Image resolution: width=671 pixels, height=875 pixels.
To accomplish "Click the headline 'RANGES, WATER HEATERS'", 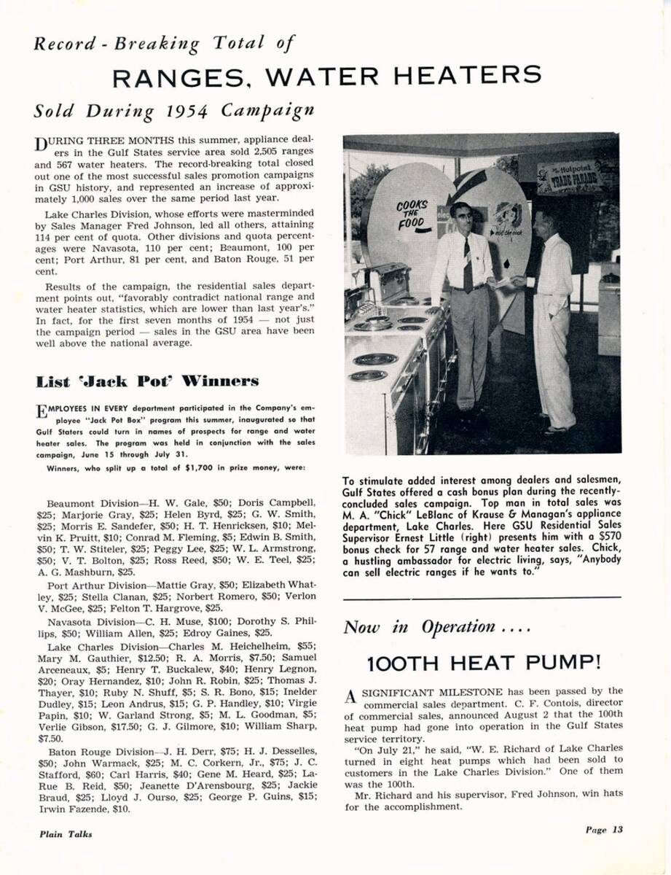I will [327, 75].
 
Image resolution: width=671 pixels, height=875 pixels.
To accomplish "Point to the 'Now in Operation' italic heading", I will [418, 626].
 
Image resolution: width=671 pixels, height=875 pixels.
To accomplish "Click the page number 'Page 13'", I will [604, 828].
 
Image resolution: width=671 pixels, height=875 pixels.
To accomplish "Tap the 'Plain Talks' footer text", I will [66, 833].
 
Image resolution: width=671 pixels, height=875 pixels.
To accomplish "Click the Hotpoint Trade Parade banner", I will [569, 177].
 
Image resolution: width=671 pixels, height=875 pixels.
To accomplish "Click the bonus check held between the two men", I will [503, 282].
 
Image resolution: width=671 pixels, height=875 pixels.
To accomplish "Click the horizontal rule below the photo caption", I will [482, 598].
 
